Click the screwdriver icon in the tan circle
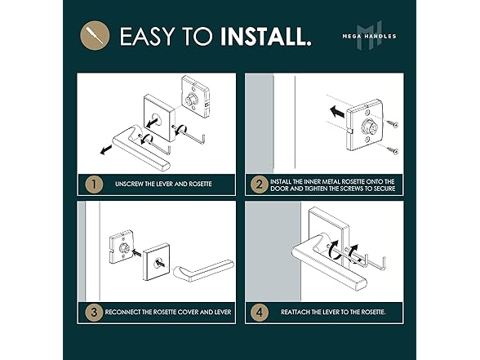click(x=95, y=35)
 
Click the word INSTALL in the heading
click(x=266, y=36)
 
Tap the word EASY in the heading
click(x=148, y=36)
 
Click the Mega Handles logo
click(x=369, y=35)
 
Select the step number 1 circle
click(x=94, y=184)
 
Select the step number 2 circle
click(x=260, y=184)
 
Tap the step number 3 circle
click(x=94, y=312)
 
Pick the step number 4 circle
click(x=260, y=313)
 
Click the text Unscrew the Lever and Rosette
click(x=163, y=184)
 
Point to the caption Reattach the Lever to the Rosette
click(x=333, y=312)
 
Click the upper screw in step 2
click(x=392, y=124)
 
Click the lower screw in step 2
click(x=392, y=150)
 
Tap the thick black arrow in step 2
click(x=337, y=112)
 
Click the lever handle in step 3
click(x=204, y=270)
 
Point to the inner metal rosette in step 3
click(x=122, y=248)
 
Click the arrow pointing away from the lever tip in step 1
click(x=106, y=149)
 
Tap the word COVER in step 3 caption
click(x=188, y=312)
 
